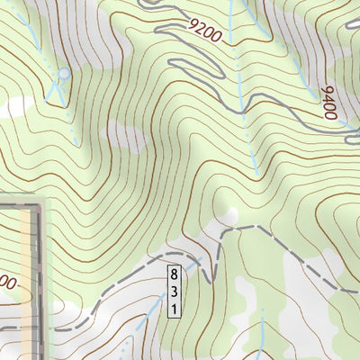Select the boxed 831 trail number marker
coord(173,290)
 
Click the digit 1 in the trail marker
coord(173,309)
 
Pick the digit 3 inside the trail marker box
coord(173,290)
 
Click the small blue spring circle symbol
coord(63,73)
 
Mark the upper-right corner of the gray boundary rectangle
coord(40,206)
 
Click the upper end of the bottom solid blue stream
coord(261,311)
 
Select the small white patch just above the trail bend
coord(233,214)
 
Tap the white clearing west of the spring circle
coord(13,103)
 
